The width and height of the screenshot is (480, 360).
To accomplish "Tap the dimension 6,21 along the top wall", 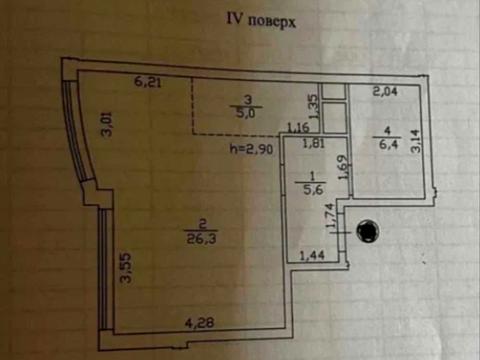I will [x=150, y=83].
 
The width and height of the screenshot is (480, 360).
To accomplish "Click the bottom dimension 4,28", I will [x=199, y=322].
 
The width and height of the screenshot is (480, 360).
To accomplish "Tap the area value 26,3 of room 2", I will [x=198, y=237].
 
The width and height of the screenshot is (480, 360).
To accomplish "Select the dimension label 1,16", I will [x=297, y=128].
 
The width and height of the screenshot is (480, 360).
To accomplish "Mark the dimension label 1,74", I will [x=330, y=215].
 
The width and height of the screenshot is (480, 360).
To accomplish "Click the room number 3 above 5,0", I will [x=246, y=98].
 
